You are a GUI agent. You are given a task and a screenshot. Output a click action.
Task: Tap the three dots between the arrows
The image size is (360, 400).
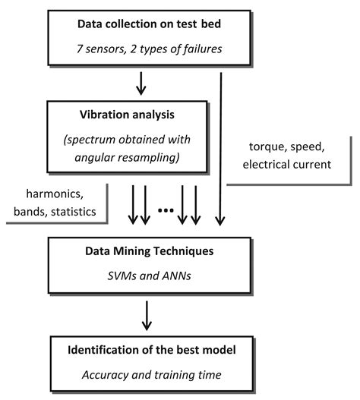click(163, 208)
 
